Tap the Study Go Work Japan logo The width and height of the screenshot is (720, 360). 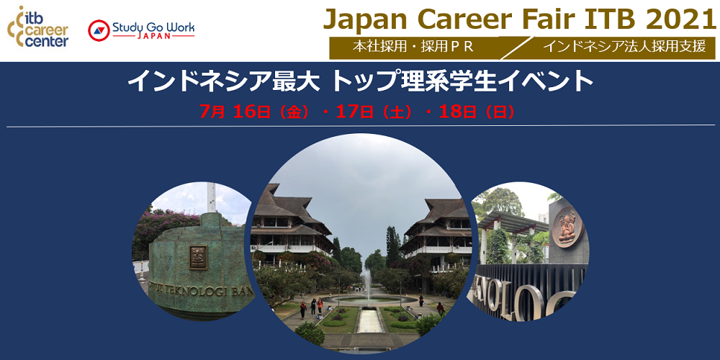click(141, 30)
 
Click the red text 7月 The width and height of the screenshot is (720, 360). click(214, 112)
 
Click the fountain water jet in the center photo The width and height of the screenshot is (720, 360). click(366, 281)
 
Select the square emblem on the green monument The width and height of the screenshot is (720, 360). click(198, 256)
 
